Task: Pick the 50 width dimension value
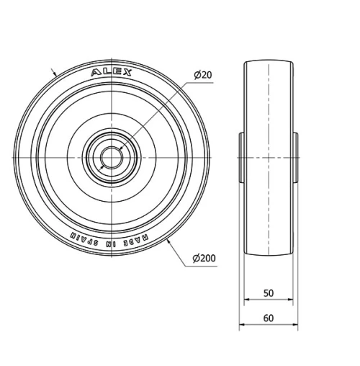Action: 268,293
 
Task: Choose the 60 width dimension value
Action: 268,318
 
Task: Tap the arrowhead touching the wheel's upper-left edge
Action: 55,75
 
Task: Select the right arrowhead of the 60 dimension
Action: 297,326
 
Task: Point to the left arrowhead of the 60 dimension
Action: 242,326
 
